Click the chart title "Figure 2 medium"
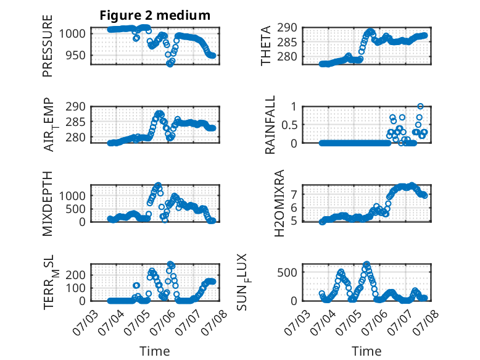point(155,15)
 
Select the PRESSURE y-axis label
point(48,46)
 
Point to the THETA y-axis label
point(266,46)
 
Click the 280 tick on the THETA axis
point(287,57)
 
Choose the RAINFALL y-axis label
point(270,124)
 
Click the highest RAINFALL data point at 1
point(420,106)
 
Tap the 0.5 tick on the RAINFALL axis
point(289,125)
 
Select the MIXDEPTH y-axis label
point(48,203)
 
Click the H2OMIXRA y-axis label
point(279,203)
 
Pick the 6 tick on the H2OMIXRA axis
point(294,207)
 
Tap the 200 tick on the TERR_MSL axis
point(76,275)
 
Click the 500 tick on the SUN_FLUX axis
point(287,272)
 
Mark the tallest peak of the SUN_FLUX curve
point(366,264)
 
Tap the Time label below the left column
point(155,351)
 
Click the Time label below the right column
point(366,351)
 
